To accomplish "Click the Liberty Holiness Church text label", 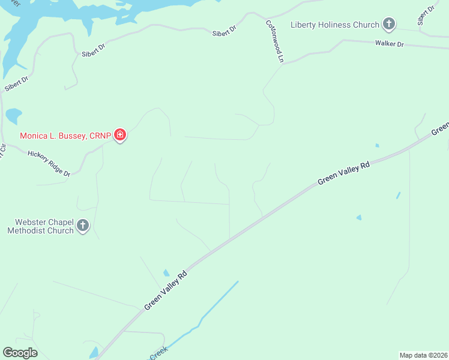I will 334,25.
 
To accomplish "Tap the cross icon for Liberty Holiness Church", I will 389,25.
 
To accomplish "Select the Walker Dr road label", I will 390,44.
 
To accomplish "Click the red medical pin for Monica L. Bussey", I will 120,135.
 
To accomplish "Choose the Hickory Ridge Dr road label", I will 49,163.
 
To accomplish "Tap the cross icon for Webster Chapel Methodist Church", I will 83,226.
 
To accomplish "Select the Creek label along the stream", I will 158,355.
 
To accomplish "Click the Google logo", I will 20,353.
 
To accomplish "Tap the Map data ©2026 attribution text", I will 423,355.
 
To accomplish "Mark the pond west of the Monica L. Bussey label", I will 13,115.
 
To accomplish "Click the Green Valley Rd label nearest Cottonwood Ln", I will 343,174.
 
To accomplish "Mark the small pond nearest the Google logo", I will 94,353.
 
